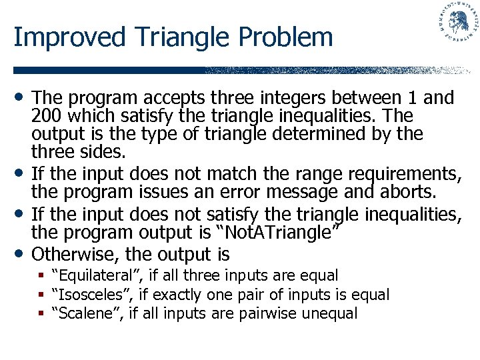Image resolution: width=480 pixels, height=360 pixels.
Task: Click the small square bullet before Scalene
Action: (x=42, y=313)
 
